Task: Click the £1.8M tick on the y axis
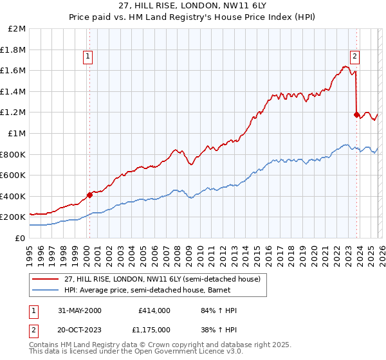[13, 50]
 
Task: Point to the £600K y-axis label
[13, 175]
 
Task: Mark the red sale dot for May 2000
[89, 195]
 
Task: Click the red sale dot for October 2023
[356, 115]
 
